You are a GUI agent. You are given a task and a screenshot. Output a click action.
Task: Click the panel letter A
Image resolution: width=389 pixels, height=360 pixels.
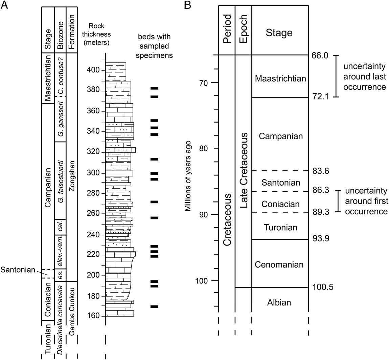tap(4, 5)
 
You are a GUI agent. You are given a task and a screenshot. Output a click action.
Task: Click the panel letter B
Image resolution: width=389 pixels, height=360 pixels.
tap(187, 5)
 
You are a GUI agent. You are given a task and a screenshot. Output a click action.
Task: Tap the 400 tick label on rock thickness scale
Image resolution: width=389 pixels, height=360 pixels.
tap(93, 70)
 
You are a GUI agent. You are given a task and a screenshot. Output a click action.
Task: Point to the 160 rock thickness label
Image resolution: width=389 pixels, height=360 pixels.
tap(93, 316)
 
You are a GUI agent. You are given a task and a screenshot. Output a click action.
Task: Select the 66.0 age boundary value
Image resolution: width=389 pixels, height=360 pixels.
tap(320, 55)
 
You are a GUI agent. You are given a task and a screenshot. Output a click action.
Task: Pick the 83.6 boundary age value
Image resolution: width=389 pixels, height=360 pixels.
tap(321, 171)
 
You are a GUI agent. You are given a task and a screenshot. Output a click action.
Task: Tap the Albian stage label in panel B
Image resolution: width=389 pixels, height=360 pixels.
tap(279, 302)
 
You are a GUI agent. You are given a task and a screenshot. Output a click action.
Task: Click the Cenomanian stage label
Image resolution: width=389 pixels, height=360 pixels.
tap(279, 264)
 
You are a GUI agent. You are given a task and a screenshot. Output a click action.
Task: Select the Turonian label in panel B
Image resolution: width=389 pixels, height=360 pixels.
tap(280, 227)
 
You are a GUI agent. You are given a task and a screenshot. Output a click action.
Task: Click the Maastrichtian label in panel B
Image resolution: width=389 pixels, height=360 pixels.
tap(280, 79)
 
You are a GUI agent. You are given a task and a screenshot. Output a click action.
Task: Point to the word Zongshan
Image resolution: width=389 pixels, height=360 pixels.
tap(72, 176)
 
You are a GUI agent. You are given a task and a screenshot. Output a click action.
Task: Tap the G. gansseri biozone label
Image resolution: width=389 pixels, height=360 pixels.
tap(60, 119)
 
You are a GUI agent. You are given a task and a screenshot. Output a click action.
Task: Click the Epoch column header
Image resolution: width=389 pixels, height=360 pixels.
tap(243, 29)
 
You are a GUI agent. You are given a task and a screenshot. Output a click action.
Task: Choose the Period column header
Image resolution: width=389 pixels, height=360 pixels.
tap(227, 29)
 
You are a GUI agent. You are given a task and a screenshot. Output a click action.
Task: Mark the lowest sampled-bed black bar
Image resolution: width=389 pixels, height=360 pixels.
tap(154, 306)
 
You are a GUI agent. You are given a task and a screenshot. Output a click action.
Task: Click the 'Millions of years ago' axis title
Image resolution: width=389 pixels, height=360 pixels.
tap(188, 176)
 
